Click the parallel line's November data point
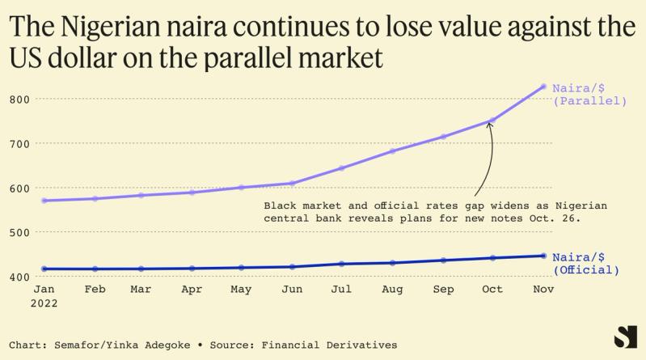[x=543, y=87]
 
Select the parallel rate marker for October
[x=492, y=121]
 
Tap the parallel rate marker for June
[x=291, y=183]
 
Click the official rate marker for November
[x=543, y=256]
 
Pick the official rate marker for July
[x=341, y=264]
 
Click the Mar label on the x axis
[x=141, y=289]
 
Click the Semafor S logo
[x=624, y=337]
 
